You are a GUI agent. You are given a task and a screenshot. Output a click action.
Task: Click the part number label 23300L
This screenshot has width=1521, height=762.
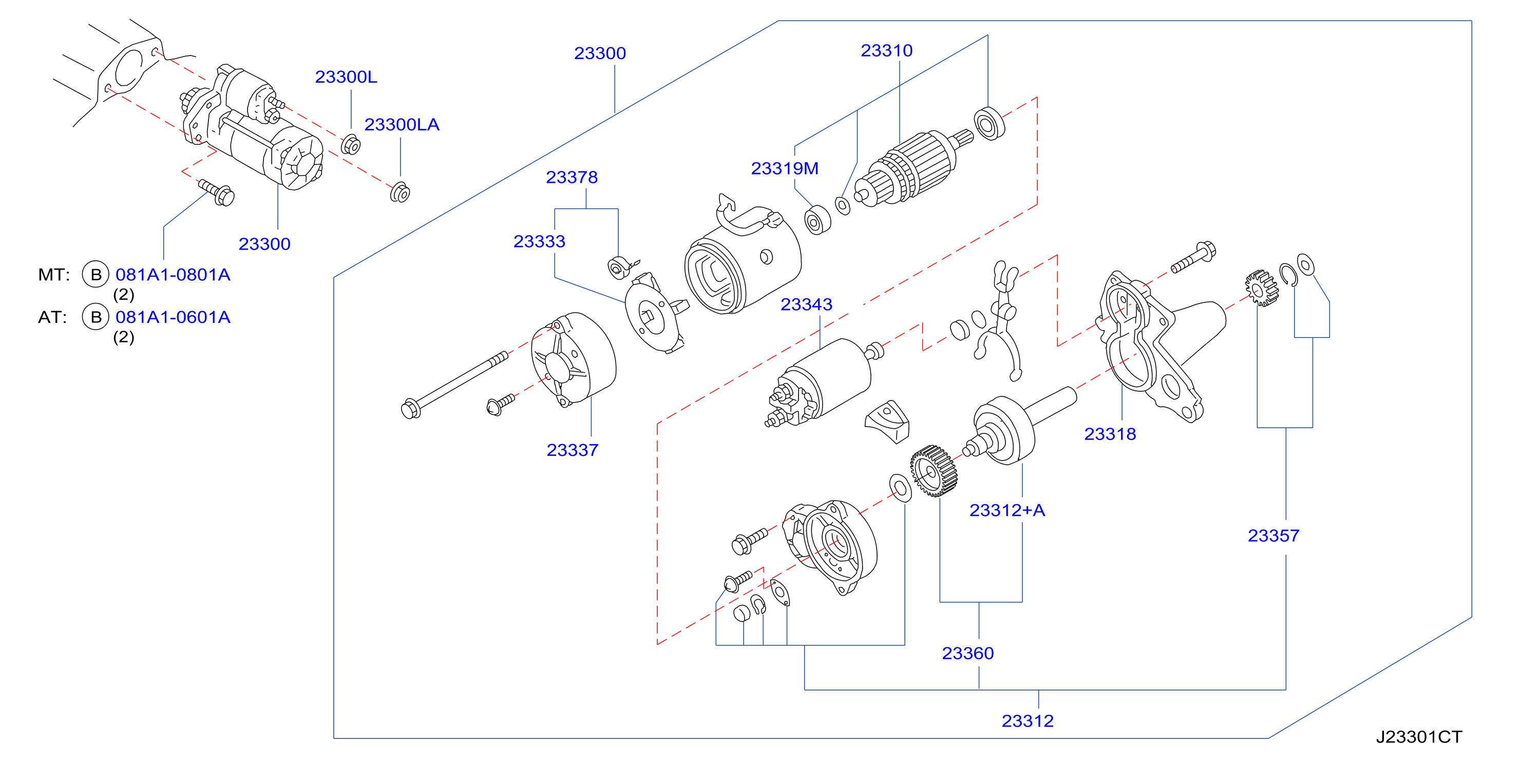click(346, 77)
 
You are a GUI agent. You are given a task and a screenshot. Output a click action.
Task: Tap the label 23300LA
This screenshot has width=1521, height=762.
click(402, 125)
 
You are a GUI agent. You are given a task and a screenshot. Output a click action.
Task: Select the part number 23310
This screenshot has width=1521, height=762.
click(886, 51)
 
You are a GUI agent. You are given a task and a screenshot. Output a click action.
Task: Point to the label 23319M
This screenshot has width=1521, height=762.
click(784, 168)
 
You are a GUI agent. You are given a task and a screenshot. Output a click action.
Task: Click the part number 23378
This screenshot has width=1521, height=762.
click(572, 177)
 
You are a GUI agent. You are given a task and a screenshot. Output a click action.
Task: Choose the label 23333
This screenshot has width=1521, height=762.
click(539, 241)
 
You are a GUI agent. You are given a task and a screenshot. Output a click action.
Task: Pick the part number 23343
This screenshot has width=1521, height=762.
click(806, 304)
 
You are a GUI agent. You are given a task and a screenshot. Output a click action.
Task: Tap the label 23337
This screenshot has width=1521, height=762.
click(572, 450)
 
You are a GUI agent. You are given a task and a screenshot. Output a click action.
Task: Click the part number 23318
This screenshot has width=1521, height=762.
click(1110, 434)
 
